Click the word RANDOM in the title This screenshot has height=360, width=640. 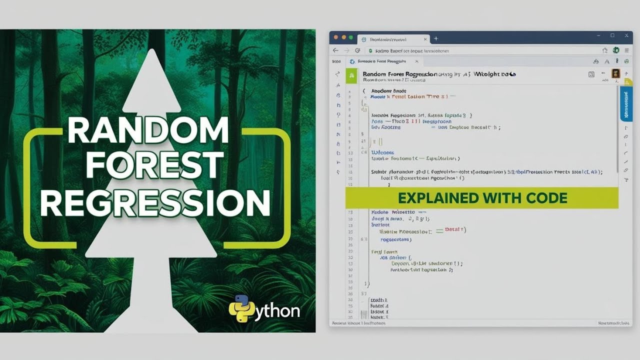click(x=148, y=131)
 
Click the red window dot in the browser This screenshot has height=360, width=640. click(x=336, y=37)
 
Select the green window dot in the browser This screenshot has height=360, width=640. click(x=351, y=37)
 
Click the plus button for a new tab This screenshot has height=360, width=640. click(x=436, y=38)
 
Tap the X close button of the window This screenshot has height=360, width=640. click(x=625, y=36)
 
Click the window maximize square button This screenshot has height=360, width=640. click(x=612, y=36)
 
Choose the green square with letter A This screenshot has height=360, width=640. click(x=352, y=74)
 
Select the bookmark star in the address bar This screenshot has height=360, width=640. click(x=605, y=50)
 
